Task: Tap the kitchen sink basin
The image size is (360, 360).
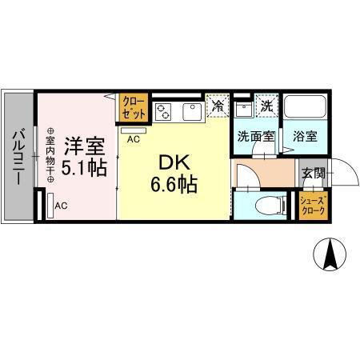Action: pos(194,110)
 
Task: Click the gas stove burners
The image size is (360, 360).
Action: pos(164,110)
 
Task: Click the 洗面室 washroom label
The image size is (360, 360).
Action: pos(254,136)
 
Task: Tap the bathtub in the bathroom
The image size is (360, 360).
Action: pos(304,107)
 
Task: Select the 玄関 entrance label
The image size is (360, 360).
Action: pos(311,171)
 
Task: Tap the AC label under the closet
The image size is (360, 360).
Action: pos(134,138)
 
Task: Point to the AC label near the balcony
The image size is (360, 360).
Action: pos(61,206)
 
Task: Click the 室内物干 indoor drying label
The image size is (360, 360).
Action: pos(50,157)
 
